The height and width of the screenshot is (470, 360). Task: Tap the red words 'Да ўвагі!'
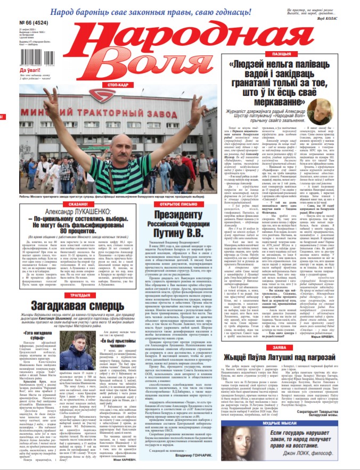(x=15, y=70)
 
